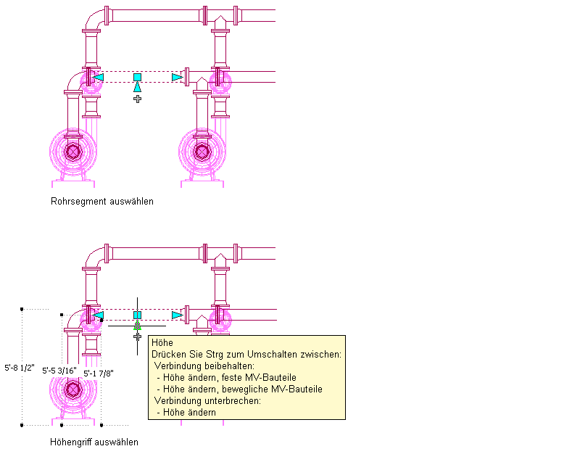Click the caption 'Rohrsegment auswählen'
(102, 202)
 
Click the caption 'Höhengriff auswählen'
(94, 442)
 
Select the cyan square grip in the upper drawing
(137, 77)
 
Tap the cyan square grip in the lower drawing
(137, 315)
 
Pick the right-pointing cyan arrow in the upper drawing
(177, 77)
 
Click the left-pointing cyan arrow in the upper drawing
(99, 77)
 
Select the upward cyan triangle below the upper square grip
(137, 88)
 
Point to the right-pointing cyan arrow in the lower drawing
(177, 315)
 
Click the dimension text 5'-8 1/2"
(20, 367)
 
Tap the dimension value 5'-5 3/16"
(59, 370)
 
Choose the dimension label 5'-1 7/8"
(99, 374)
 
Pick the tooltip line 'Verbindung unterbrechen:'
(207, 400)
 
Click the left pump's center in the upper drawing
(72, 151)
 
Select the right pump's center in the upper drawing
(202, 151)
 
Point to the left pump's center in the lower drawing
(72, 389)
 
